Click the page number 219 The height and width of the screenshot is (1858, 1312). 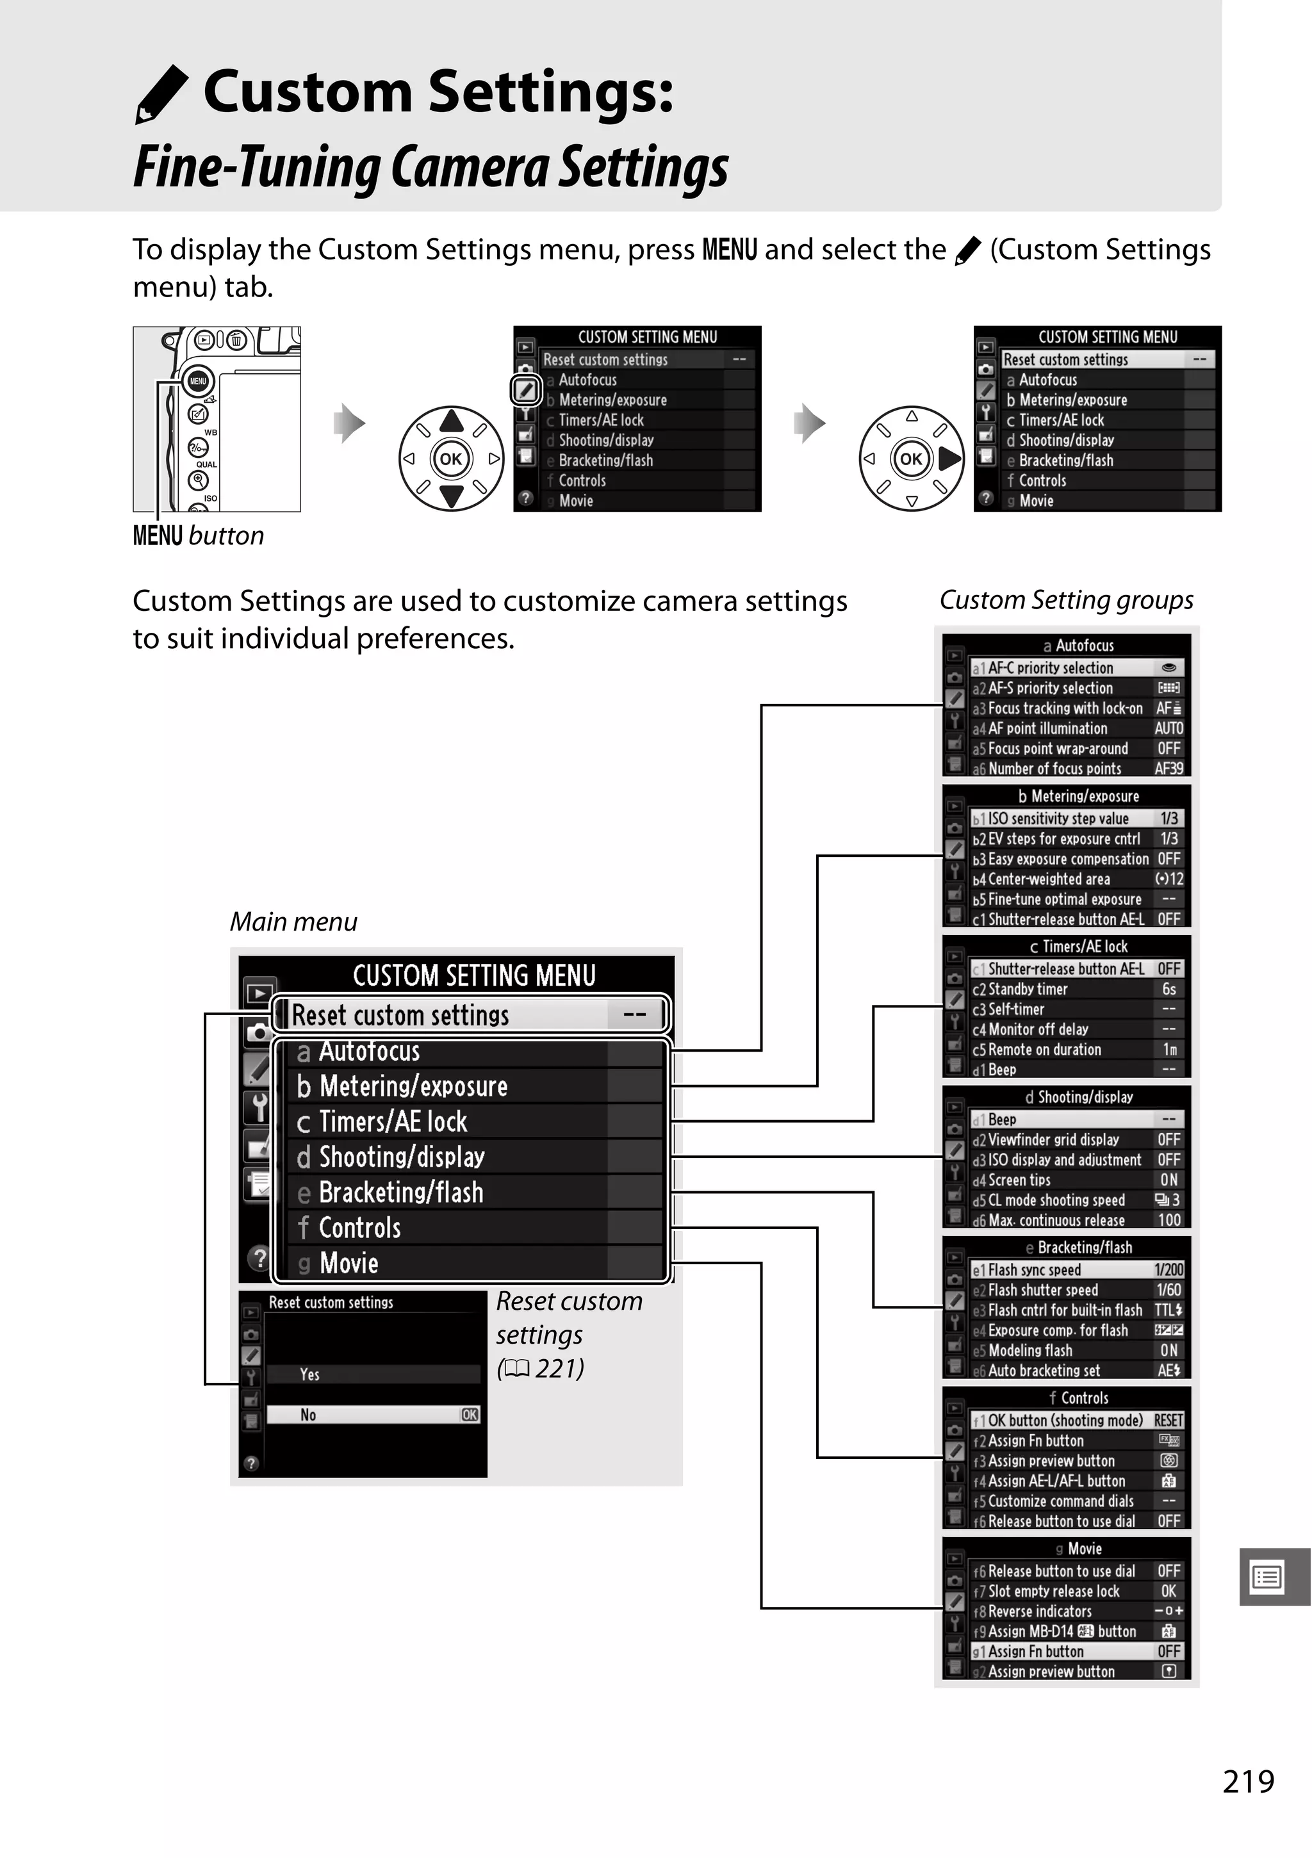click(1248, 1781)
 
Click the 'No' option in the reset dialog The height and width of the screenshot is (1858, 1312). click(372, 1415)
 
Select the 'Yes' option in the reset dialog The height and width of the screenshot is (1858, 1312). click(372, 1374)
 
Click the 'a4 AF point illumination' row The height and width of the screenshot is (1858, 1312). click(1076, 728)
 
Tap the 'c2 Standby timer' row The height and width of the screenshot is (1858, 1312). click(1076, 989)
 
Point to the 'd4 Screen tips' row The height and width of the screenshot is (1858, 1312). click(1076, 1180)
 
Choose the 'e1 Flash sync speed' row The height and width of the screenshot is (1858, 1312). click(1076, 1269)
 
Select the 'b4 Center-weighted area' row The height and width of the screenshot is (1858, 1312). click(1076, 879)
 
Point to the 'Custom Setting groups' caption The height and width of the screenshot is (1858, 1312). click(1066, 599)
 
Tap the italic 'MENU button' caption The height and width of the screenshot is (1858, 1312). click(199, 535)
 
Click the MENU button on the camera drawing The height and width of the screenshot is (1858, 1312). click(197, 381)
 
